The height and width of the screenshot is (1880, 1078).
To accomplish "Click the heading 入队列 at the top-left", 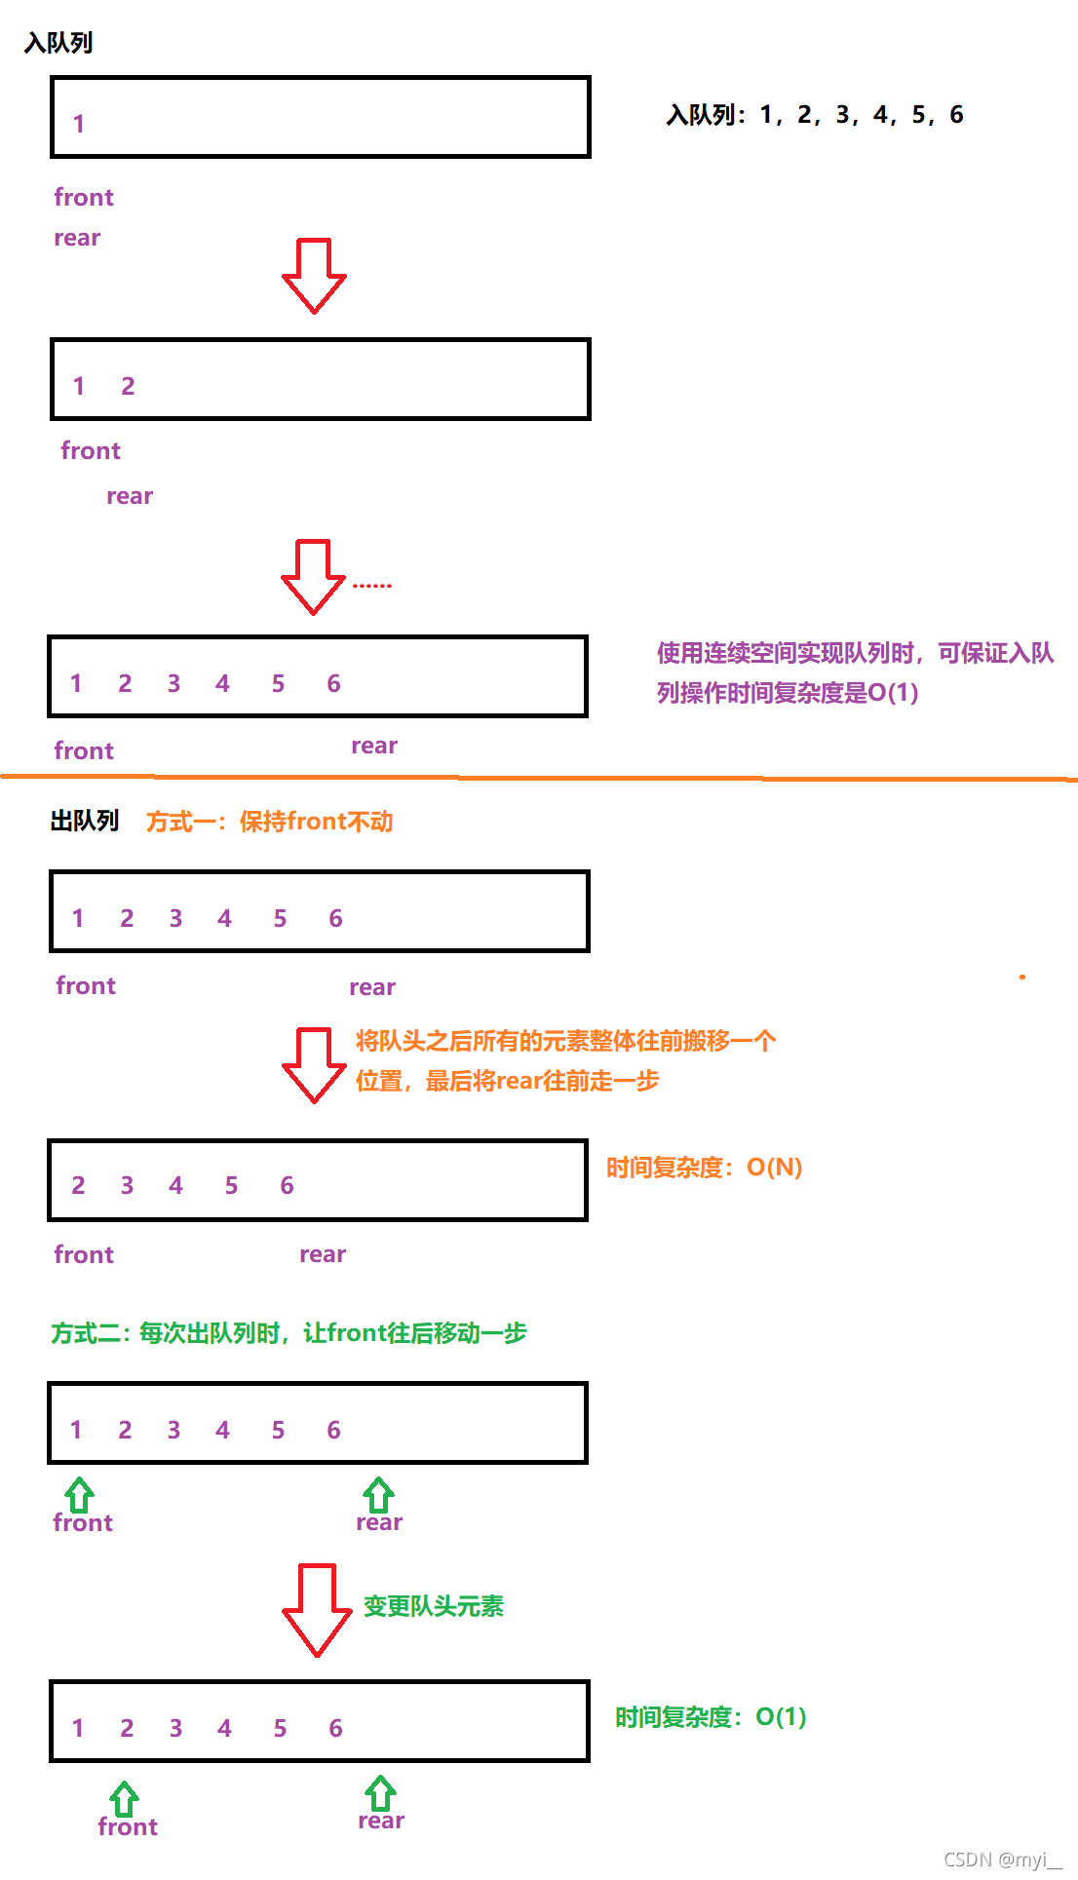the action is click(x=58, y=43).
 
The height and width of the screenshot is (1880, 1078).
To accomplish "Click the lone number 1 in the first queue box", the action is click(x=79, y=124).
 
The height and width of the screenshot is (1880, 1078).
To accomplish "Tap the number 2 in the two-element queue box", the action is click(x=128, y=386).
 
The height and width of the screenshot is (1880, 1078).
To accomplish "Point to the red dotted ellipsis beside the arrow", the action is click(x=371, y=585).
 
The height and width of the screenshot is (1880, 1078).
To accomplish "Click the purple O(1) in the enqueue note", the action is click(x=893, y=692).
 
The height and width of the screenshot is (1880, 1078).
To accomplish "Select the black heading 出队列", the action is click(x=85, y=821).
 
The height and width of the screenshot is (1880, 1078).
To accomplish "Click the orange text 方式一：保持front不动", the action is click(x=270, y=822).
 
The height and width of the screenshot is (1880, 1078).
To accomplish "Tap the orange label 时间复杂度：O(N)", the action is click(x=704, y=1167).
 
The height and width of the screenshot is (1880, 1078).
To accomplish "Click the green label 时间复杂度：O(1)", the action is click(x=711, y=1716).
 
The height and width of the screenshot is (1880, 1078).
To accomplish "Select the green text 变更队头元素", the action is click(x=434, y=1605).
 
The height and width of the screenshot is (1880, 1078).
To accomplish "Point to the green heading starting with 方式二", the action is click(x=289, y=1332).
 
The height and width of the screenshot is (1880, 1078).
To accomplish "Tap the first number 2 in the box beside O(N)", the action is click(x=78, y=1185).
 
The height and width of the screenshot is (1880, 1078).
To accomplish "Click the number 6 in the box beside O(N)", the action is click(x=287, y=1185).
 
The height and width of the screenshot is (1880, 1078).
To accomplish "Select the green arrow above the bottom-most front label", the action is click(x=124, y=1798).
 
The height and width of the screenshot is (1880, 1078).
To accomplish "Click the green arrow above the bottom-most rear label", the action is click(x=380, y=1793).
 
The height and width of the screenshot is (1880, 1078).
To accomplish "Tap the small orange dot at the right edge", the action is click(x=1022, y=977).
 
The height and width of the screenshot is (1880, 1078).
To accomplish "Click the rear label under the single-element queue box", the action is click(x=77, y=238).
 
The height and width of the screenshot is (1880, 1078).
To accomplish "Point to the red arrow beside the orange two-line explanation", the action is click(x=314, y=1064).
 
